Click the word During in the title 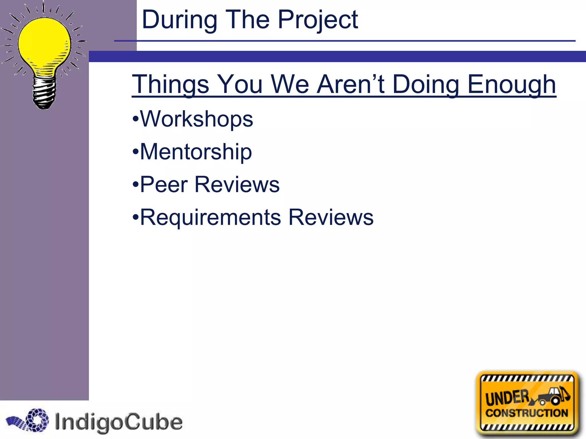click(x=179, y=20)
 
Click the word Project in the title click(x=318, y=20)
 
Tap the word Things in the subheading click(x=171, y=85)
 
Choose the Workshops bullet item click(x=196, y=119)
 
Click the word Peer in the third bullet click(x=164, y=185)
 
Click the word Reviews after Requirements click(x=331, y=217)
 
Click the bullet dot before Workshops click(x=135, y=119)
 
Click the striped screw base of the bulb click(x=44, y=93)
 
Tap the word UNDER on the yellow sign click(x=507, y=398)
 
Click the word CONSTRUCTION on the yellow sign click(x=526, y=413)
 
